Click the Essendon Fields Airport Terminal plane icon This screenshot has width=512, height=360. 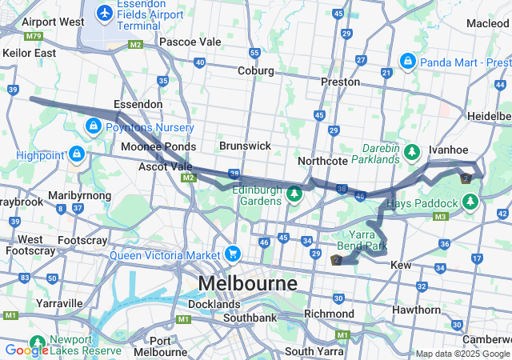(104, 13)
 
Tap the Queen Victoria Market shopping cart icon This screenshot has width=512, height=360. (233, 254)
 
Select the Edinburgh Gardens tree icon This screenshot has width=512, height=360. (295, 194)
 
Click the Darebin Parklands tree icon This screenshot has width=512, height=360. (412, 151)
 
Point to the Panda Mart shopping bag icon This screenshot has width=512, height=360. (408, 61)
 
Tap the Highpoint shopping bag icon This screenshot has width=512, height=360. (77, 152)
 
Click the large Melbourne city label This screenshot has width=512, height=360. (247, 283)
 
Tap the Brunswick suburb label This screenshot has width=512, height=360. (245, 146)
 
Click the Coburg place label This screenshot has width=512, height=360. (255, 70)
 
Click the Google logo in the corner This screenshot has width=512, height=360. (26, 350)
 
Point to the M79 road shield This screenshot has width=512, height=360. (33, 36)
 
